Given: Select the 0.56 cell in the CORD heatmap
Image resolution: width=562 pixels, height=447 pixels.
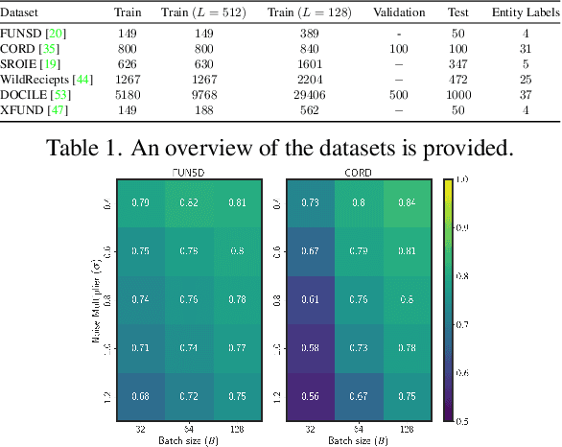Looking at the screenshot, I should (x=308, y=394).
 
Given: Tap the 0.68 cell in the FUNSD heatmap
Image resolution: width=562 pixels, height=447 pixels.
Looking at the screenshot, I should (x=139, y=394).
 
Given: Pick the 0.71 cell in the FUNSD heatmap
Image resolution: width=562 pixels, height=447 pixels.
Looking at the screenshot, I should (x=139, y=346).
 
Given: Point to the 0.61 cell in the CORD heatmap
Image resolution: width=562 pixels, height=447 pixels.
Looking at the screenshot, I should (x=308, y=298).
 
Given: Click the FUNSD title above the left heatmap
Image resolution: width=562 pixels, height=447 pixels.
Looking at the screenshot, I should (x=189, y=172).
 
